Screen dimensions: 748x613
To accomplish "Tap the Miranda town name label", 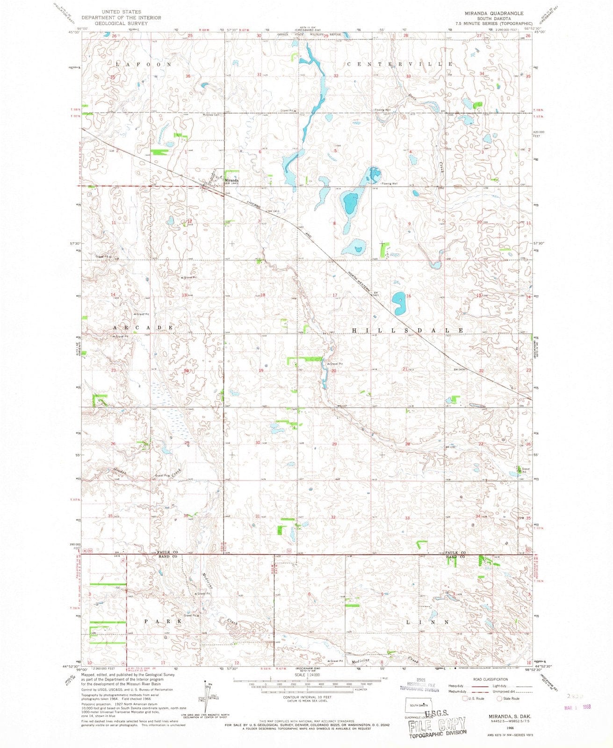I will [x=233, y=180].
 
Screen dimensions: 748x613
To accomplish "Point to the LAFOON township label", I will [x=144, y=64].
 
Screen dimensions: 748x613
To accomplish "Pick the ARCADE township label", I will [x=143, y=328].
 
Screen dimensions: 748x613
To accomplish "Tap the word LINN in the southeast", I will [x=428, y=622].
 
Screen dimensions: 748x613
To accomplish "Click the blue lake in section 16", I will [x=399, y=303].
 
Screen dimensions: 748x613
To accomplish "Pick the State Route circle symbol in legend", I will [x=500, y=698].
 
